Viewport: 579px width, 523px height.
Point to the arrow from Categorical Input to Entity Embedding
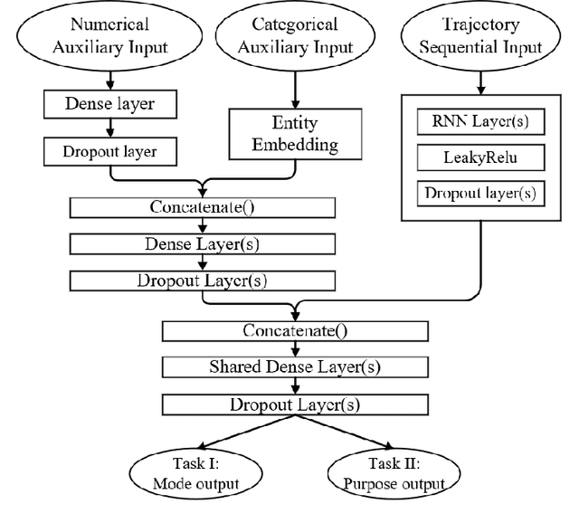click(291, 90)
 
